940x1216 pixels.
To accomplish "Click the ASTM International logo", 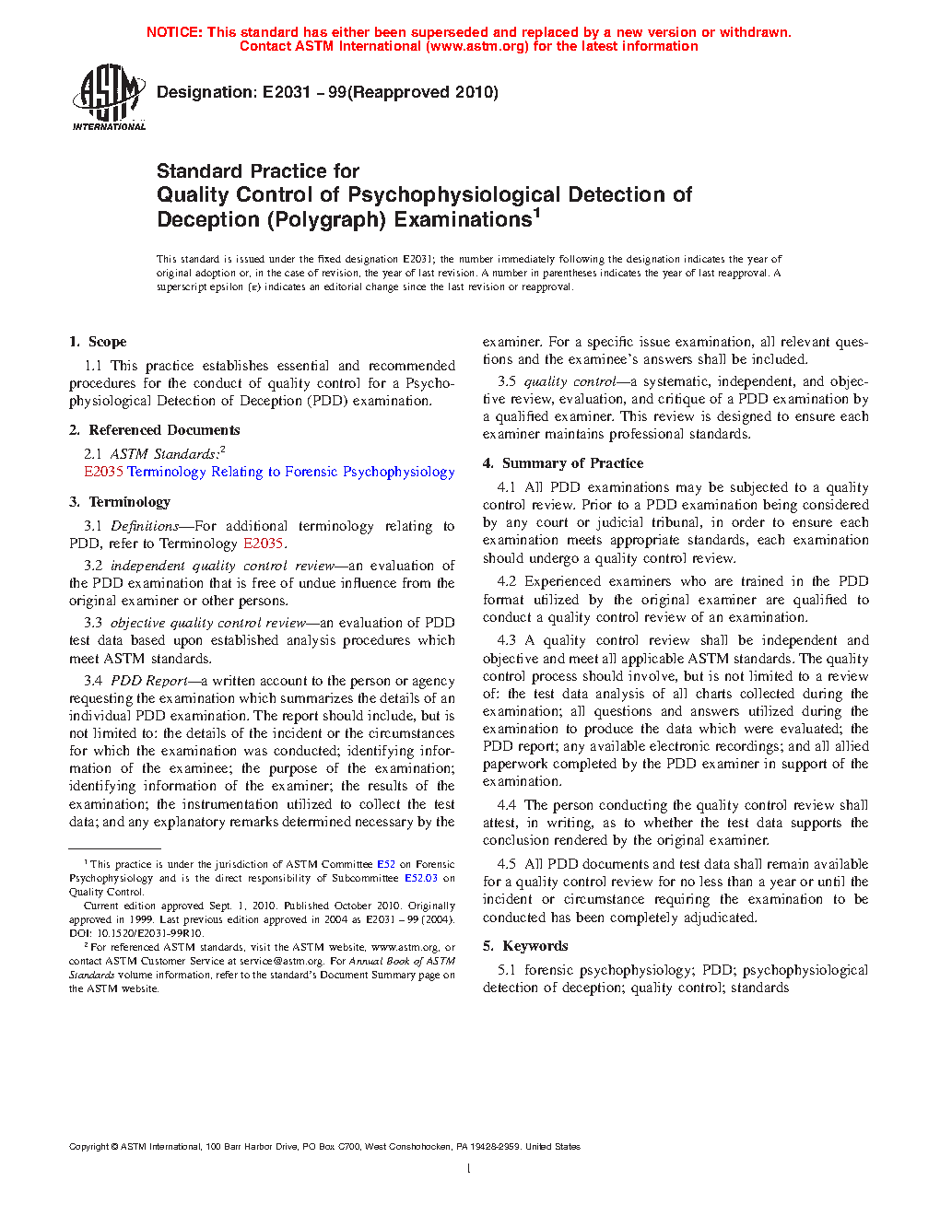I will click(x=109, y=96).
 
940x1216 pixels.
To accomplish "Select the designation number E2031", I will click(x=287, y=92).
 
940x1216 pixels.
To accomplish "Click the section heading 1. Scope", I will click(x=98, y=342).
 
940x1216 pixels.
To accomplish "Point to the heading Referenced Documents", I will click(x=164, y=430).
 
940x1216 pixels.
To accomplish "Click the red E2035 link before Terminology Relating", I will click(x=103, y=472).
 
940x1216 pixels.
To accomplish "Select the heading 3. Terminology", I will click(x=120, y=502).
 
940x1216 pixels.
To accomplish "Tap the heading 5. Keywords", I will click(x=525, y=946).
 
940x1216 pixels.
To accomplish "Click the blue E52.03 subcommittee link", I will click(x=421, y=878).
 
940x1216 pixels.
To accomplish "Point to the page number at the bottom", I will click(x=469, y=1169).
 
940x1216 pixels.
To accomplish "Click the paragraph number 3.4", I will click(x=93, y=681).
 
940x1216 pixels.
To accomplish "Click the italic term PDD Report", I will click(x=149, y=681).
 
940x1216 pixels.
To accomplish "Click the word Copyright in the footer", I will click(x=88, y=1147).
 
